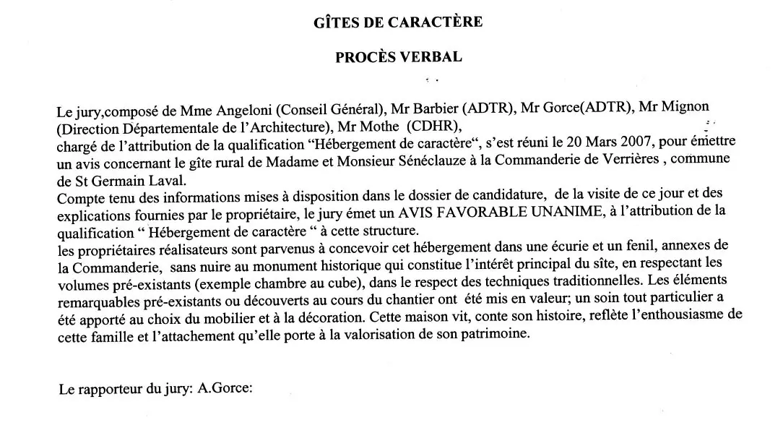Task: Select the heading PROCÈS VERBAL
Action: pos(399,57)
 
